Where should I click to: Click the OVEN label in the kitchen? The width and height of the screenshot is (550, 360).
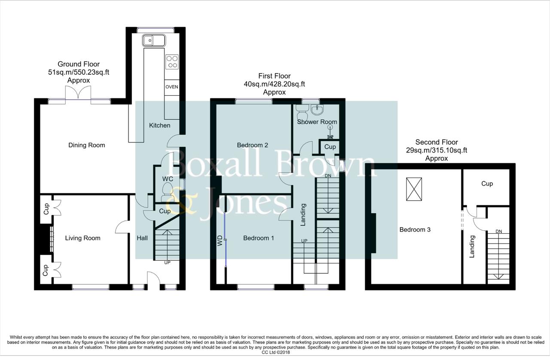click(x=171, y=87)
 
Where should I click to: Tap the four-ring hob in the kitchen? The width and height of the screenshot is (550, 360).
click(x=172, y=62)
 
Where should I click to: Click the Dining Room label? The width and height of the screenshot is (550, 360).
click(x=87, y=145)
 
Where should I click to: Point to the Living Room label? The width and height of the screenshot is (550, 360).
click(x=82, y=238)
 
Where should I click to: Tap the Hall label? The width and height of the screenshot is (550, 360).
click(x=142, y=238)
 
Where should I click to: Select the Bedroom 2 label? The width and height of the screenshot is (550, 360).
click(x=253, y=145)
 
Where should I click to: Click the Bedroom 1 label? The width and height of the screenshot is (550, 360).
click(x=259, y=238)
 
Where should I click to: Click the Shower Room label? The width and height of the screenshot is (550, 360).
click(x=317, y=122)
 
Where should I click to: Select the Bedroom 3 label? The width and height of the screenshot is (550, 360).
click(x=415, y=230)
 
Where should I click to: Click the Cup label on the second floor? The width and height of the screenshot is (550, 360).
click(x=487, y=183)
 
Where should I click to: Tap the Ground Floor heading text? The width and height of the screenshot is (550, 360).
click(x=79, y=64)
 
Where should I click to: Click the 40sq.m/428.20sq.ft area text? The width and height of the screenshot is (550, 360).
click(x=274, y=84)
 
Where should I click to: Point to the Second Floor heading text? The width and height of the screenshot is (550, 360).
click(x=437, y=142)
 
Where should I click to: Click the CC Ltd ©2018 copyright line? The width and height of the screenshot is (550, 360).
click(x=275, y=352)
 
